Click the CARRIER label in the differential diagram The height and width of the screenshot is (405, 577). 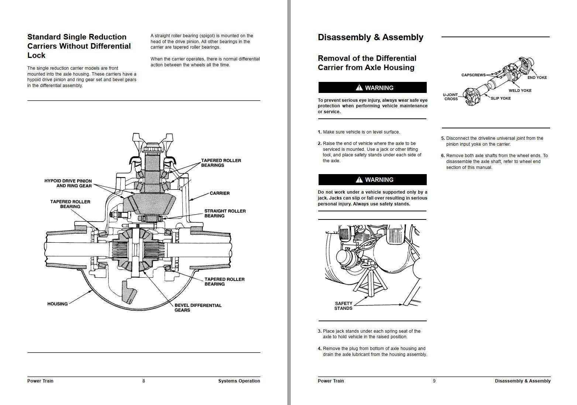tap(220, 193)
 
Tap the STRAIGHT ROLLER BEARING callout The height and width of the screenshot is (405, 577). tap(225, 214)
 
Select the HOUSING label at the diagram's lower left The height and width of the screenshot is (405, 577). tap(58, 304)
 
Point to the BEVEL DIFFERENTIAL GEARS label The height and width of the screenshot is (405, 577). tap(198, 308)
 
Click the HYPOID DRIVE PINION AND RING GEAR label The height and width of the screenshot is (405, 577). tap(68, 183)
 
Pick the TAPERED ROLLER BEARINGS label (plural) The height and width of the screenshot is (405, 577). tap(221, 163)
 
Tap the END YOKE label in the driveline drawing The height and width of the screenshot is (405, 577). tap(537, 77)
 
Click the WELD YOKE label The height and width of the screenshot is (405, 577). tap(520, 91)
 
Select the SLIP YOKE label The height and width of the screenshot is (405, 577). tap(501, 98)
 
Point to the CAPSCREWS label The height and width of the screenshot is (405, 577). tap(473, 75)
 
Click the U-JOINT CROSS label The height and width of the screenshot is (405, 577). tap(451, 97)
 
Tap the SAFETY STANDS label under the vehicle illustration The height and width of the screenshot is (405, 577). tap(343, 306)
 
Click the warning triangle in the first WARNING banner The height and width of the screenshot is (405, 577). tap(359, 88)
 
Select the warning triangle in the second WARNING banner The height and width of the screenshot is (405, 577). tap(359, 180)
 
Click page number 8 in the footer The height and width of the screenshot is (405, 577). tap(144, 381)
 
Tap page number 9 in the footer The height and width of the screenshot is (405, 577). tap(434, 381)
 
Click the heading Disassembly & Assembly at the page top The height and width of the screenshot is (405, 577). tap(370, 37)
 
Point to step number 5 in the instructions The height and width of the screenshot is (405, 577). tap(443, 138)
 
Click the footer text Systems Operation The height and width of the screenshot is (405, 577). tap(239, 381)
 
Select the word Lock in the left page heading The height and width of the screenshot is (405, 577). tap(36, 55)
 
